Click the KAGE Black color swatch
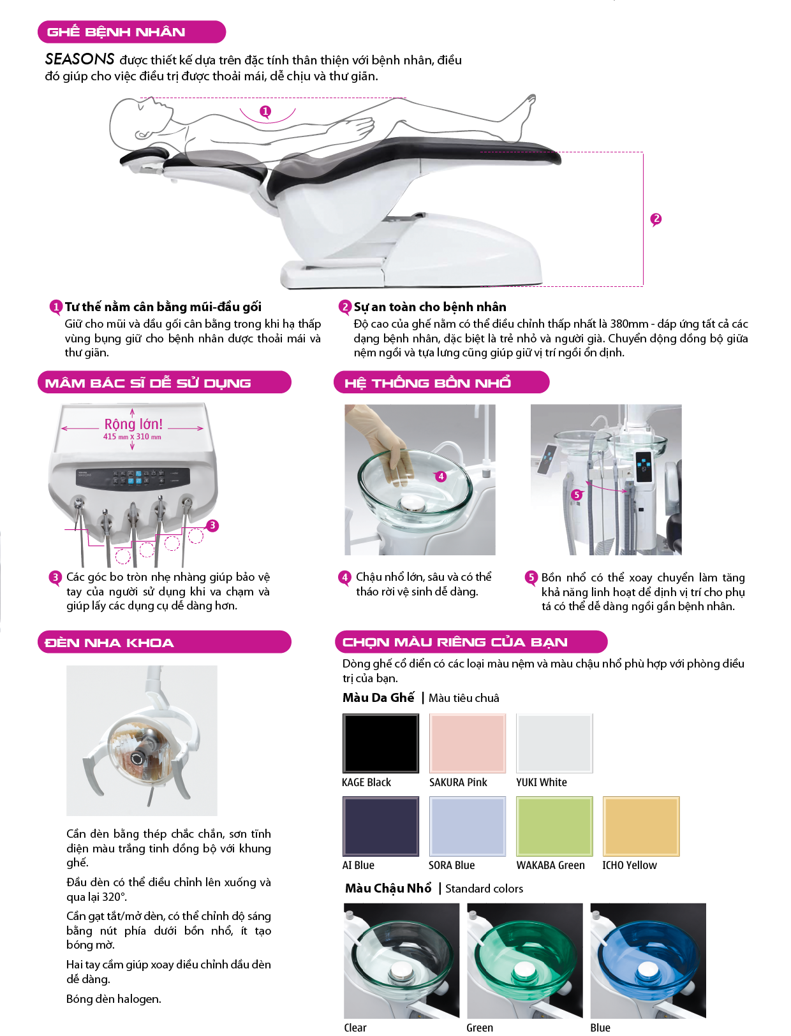point(380,743)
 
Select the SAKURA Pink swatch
point(467,743)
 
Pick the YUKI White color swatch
point(554,743)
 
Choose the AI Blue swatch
point(380,826)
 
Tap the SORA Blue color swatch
point(467,826)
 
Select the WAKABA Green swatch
point(554,826)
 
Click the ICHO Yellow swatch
point(641,826)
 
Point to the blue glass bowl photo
point(648,960)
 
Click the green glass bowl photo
point(524,960)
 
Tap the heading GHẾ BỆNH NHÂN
point(115,32)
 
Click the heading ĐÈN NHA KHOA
point(109,643)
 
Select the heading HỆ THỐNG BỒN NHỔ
point(427,383)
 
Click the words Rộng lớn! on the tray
point(133,424)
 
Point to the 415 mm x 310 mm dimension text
point(132,437)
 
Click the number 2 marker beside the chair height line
point(656,219)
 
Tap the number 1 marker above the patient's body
point(265,112)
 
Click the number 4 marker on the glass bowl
point(441,476)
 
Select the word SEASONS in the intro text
point(79,59)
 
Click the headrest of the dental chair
point(145,156)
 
